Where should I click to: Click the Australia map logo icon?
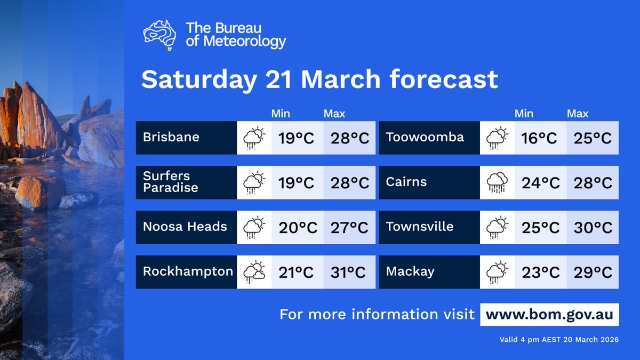coord(161,35)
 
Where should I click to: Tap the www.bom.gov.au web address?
coord(549,314)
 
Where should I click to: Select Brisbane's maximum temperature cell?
coord(349,138)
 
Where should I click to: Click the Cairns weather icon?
coord(497,183)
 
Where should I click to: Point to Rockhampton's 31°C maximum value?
coord(349,273)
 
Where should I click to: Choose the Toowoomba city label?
coord(425,137)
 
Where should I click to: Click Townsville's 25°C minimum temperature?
coord(539,228)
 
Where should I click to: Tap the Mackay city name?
coord(410,271)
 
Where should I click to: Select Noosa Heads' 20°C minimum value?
coord(298,228)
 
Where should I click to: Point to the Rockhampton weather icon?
coord(254,273)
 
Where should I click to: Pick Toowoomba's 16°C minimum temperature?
coord(539,138)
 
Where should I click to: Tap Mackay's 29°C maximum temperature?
coord(593,273)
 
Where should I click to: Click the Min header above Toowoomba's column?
coord(524,114)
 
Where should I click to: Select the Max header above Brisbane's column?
coord(334,114)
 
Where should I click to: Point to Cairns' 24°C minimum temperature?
coord(539,183)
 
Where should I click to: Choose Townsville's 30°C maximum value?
coord(593,228)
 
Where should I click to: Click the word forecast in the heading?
coord(444,79)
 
